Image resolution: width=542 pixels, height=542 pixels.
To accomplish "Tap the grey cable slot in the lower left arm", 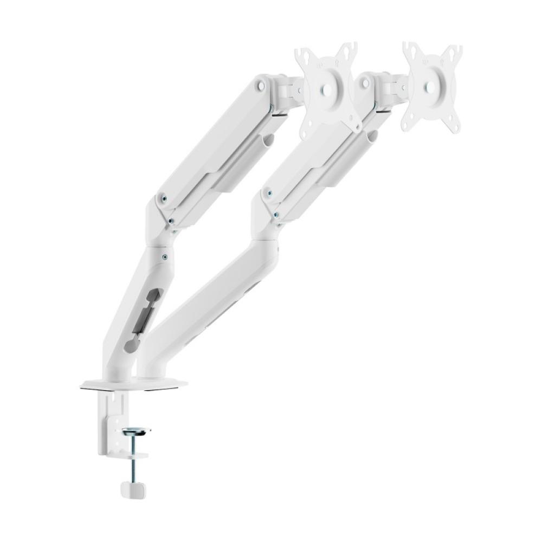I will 147,315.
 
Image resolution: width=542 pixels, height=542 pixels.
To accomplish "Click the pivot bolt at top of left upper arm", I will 262,85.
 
